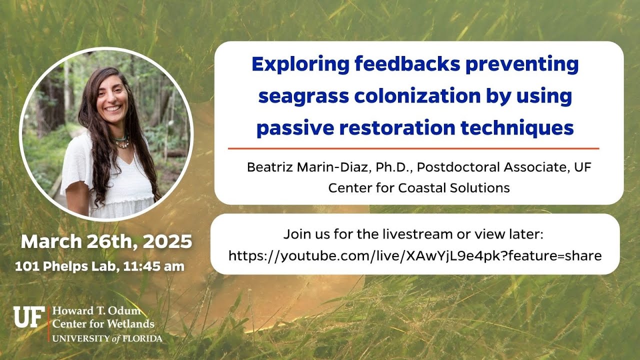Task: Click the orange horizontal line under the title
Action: click(x=413, y=148)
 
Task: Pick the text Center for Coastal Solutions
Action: click(x=419, y=188)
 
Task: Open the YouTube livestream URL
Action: click(x=415, y=256)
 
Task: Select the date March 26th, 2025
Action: click(x=106, y=242)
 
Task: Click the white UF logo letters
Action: click(x=29, y=317)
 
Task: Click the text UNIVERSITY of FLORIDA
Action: click(x=107, y=338)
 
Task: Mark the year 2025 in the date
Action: click(x=167, y=242)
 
